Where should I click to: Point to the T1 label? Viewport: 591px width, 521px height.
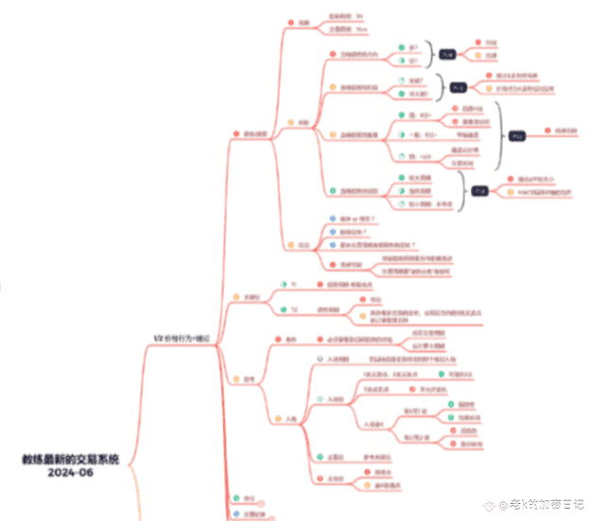pyautogui.click(x=292, y=286)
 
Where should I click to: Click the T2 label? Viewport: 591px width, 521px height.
pyautogui.click(x=293, y=309)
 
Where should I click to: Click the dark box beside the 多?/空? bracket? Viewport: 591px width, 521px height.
pyautogui.click(x=447, y=54)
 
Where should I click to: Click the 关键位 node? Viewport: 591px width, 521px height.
pyautogui.click(x=250, y=297)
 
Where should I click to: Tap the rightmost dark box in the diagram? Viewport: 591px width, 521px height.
pyautogui.click(x=518, y=134)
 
